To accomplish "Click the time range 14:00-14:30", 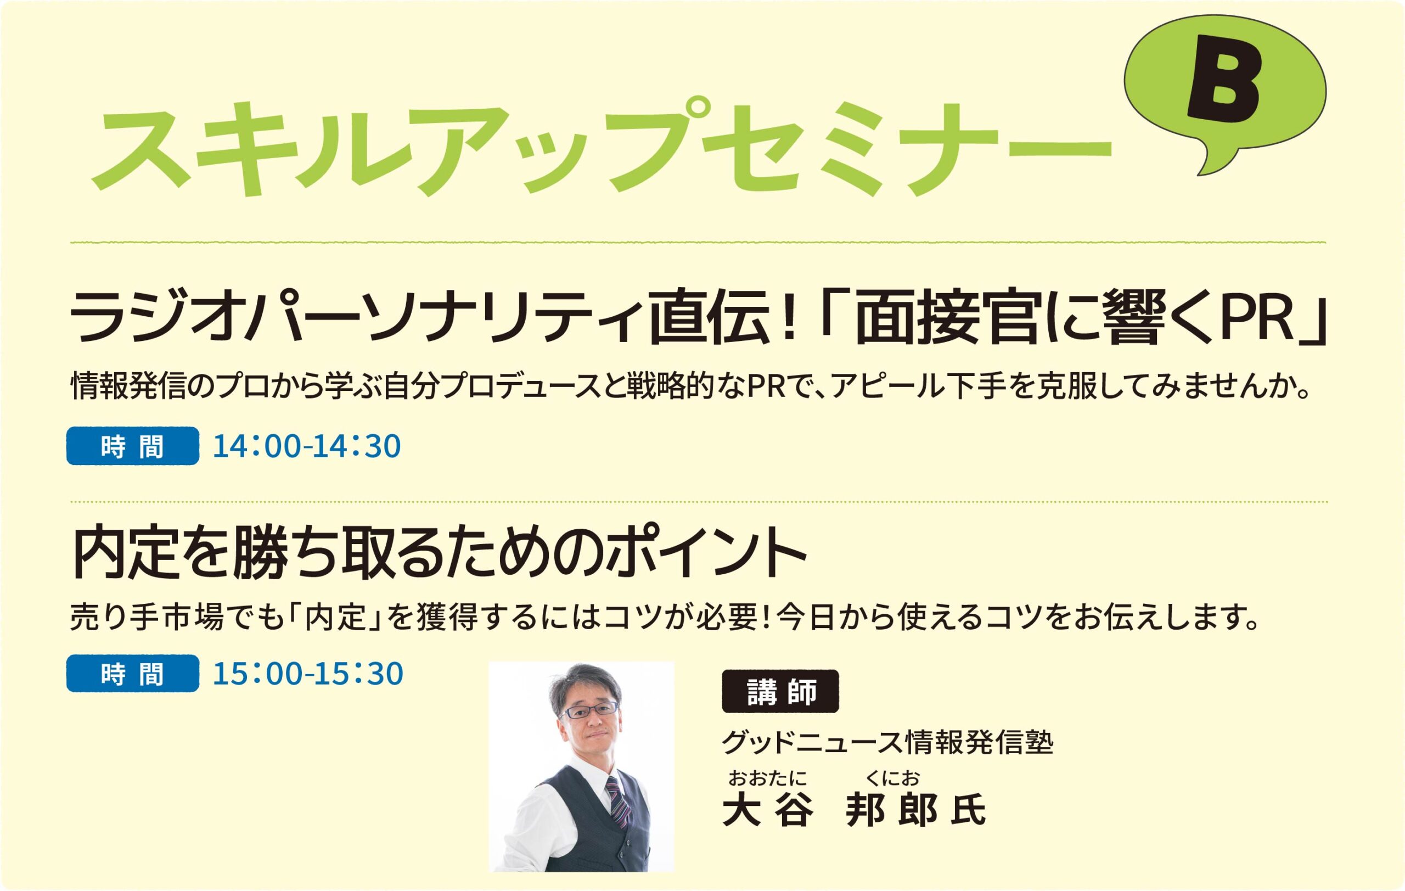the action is (306, 446).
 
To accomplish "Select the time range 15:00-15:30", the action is (307, 674).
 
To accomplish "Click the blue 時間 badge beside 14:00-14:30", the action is (132, 446).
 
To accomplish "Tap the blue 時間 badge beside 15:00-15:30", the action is (132, 674).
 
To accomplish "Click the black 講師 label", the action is (780, 691).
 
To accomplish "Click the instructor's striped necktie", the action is (617, 802).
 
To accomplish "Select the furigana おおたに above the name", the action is (767, 778).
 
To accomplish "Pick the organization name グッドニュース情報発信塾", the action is (887, 743).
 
